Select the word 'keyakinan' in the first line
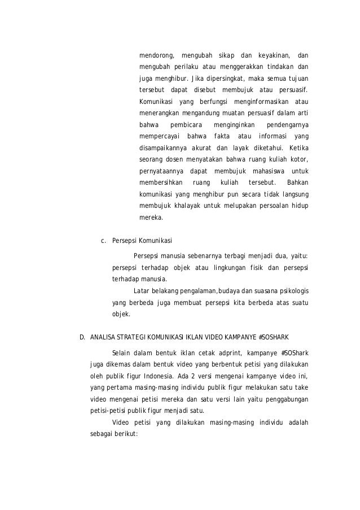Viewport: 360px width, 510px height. pyautogui.click(x=274, y=55)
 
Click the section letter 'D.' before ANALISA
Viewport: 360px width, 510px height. pyautogui.click(x=82, y=338)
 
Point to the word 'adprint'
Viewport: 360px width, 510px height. pyautogui.click(x=234, y=354)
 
